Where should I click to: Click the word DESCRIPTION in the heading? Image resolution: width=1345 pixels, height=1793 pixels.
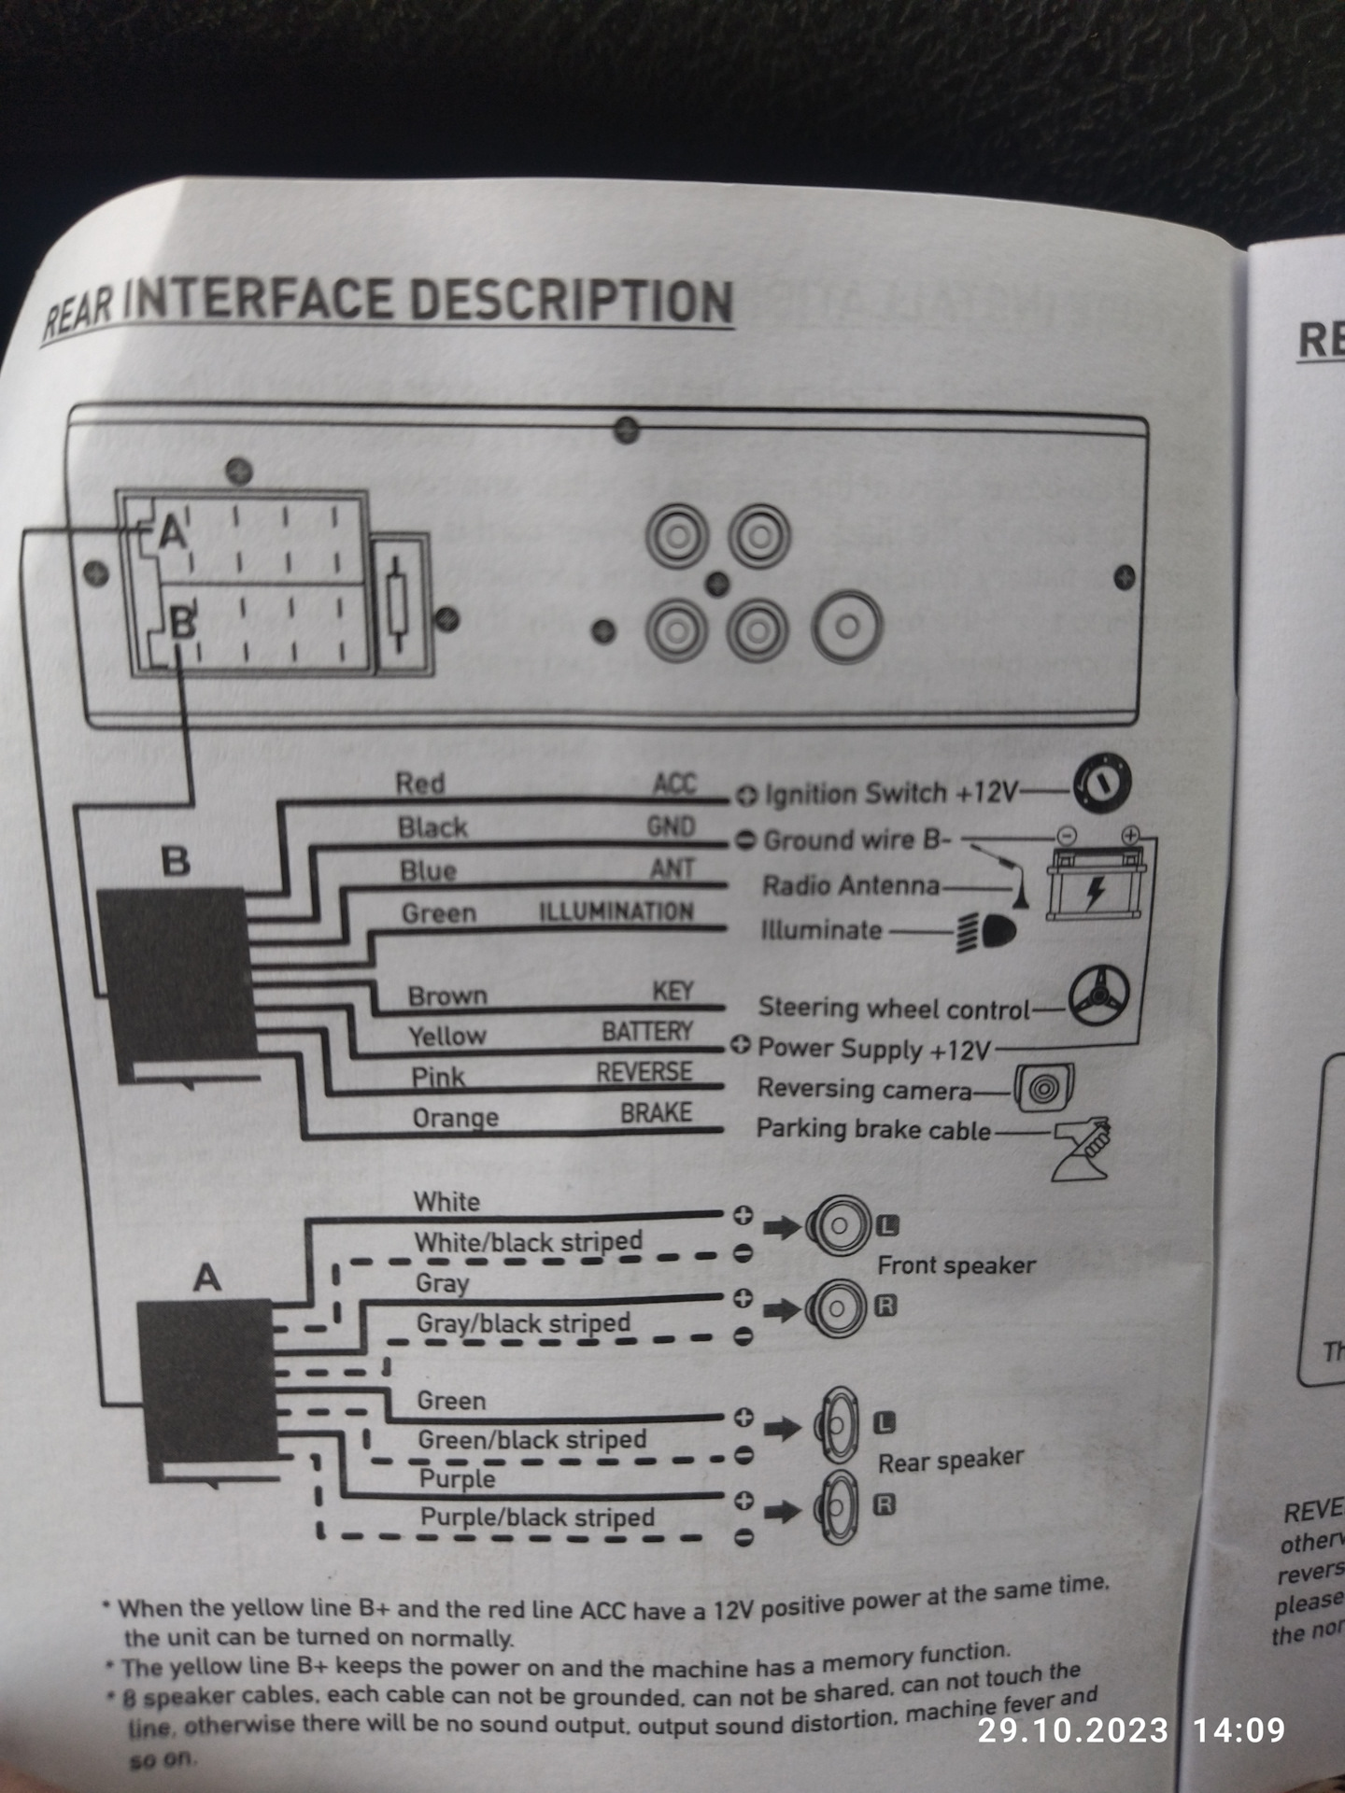571,302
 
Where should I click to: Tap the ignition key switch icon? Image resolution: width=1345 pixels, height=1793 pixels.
1102,784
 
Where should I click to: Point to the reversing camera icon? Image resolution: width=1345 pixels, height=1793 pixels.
1044,1088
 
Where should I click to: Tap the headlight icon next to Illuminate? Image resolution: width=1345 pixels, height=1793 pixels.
986,932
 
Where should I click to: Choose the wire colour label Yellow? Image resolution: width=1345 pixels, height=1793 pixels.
447,1036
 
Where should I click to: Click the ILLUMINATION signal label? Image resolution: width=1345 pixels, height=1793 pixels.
616,911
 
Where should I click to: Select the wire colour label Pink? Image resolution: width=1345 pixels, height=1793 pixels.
438,1077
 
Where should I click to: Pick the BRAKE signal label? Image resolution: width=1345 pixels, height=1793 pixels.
657,1113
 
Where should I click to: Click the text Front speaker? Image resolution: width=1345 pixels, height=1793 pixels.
956,1265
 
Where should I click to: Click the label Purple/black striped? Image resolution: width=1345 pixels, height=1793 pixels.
537,1518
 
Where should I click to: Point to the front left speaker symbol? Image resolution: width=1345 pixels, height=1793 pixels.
838,1225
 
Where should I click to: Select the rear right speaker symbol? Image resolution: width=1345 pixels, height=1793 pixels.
838,1507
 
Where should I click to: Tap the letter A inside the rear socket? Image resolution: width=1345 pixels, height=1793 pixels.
171,533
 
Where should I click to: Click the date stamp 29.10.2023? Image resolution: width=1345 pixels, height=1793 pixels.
1072,1730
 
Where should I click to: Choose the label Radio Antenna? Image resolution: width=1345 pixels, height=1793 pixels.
851,885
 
